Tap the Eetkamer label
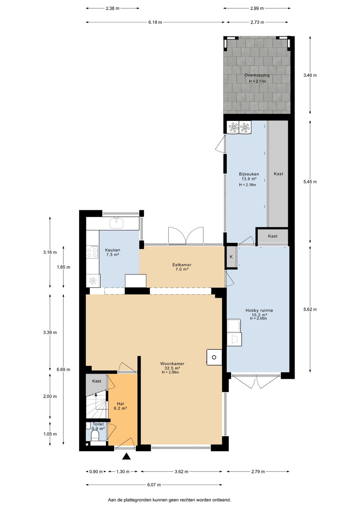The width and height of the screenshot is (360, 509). click(182, 265)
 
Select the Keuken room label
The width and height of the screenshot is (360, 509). click(112, 250)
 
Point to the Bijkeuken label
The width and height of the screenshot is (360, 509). click(249, 174)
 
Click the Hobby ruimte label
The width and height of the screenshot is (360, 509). click(259, 311)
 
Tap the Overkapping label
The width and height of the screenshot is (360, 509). click(257, 75)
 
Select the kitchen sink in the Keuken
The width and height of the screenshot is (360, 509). click(117, 223)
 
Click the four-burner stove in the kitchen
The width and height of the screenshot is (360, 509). click(92, 252)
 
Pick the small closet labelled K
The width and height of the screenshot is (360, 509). click(231, 257)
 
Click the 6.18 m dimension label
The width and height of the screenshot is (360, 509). click(155, 22)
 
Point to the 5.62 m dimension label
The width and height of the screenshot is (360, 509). click(310, 309)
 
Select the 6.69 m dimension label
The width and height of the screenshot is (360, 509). click(63, 370)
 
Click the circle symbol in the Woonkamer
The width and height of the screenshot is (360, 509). click(214, 358)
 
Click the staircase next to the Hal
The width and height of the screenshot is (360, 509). click(96, 406)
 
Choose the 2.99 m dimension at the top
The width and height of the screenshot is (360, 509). click(257, 8)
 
